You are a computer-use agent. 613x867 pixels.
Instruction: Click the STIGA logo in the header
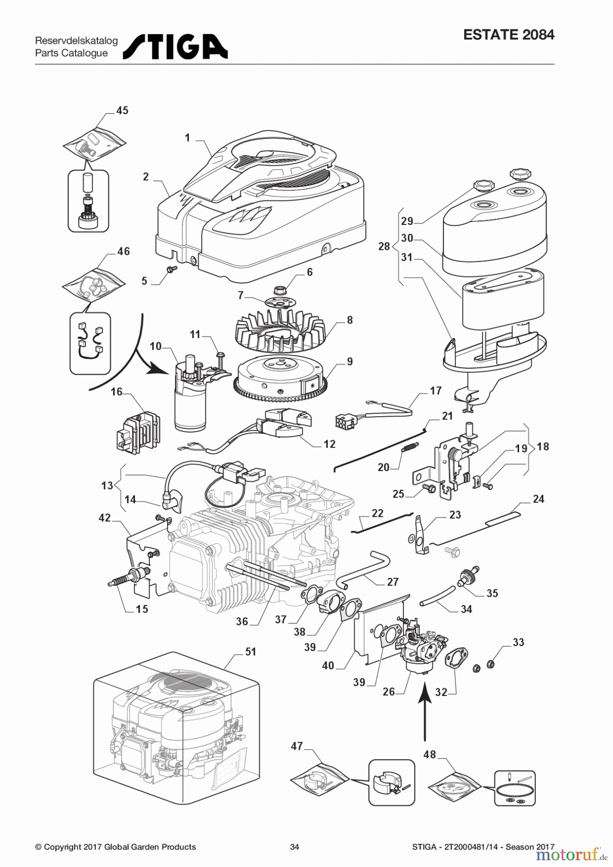pyautogui.click(x=175, y=47)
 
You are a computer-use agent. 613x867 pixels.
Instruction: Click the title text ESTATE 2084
pyautogui.click(x=508, y=35)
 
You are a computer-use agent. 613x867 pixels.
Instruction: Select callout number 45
pyautogui.click(x=122, y=110)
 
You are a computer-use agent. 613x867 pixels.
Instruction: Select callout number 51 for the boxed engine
pyautogui.click(x=251, y=652)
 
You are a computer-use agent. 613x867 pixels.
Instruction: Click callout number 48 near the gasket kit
pyautogui.click(x=429, y=754)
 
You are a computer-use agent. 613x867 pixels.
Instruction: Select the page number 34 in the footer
pyautogui.click(x=294, y=847)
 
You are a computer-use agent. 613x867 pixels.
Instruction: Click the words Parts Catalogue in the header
pyautogui.click(x=71, y=53)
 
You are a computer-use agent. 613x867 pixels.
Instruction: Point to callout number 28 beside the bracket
pyautogui.click(x=384, y=247)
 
